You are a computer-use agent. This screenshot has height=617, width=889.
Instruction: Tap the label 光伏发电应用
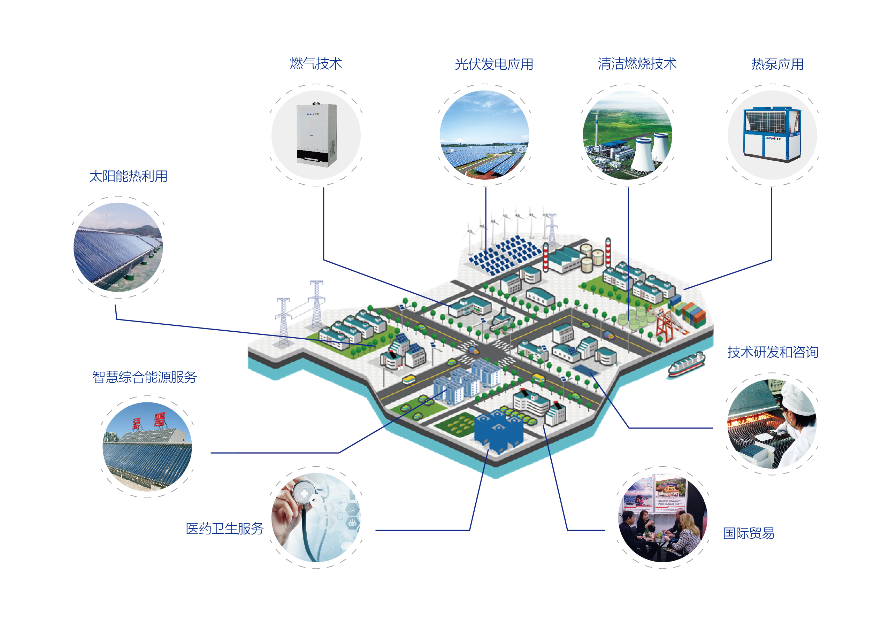click(x=493, y=64)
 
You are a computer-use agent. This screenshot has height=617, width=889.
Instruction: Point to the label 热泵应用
click(x=777, y=64)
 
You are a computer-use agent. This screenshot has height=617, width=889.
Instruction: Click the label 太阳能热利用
click(x=128, y=176)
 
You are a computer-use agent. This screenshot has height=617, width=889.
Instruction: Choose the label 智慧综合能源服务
click(x=144, y=377)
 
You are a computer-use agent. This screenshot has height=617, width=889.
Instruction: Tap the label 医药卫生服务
click(x=224, y=529)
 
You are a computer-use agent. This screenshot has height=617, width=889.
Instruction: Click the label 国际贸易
click(x=748, y=533)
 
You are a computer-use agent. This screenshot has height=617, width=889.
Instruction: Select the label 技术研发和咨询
click(x=772, y=352)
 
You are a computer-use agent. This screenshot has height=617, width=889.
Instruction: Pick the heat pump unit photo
click(x=772, y=135)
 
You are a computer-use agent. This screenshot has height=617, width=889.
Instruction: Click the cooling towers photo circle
click(x=627, y=135)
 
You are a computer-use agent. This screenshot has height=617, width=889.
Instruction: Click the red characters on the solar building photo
click(x=149, y=421)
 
